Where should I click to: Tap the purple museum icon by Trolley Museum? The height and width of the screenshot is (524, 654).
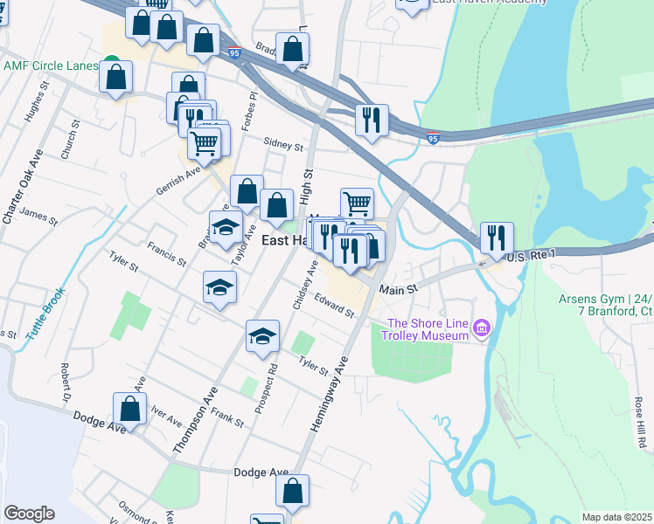[480, 328]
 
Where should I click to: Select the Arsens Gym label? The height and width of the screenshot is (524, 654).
[606, 305]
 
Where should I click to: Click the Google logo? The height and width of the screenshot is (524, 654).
[29, 514]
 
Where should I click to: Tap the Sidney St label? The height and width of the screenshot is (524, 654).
[284, 146]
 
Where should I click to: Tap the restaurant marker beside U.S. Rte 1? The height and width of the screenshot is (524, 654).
[497, 238]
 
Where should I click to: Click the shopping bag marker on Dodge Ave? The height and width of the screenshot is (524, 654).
[129, 409]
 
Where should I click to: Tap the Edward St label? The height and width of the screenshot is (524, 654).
[334, 307]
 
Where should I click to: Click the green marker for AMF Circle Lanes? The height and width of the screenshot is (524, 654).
[111, 65]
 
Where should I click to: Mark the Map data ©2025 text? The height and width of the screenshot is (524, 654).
[617, 517]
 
